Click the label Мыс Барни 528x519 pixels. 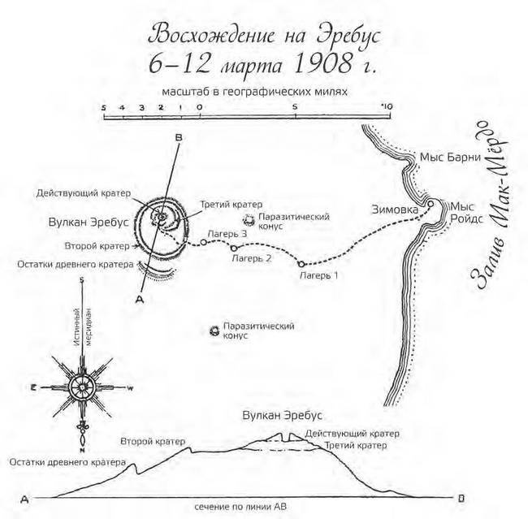tap(444, 157)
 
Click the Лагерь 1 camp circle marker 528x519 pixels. tap(301, 264)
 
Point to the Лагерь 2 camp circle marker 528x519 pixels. tap(234, 248)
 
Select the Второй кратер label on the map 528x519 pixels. tap(96, 245)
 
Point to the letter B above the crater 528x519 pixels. tap(178, 138)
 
